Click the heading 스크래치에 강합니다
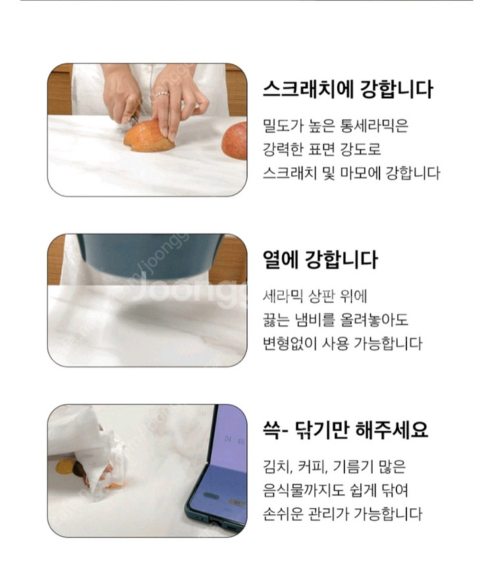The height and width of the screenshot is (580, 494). (348, 90)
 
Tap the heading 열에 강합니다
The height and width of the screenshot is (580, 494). (320, 259)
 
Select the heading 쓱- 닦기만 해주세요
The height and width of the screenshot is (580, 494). (345, 430)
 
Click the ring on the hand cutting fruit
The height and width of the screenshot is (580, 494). (162, 95)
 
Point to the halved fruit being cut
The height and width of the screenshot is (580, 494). (148, 136)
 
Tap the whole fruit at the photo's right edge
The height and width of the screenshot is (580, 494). (234, 141)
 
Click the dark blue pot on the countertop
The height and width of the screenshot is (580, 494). (151, 255)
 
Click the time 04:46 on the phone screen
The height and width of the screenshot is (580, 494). (234, 440)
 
